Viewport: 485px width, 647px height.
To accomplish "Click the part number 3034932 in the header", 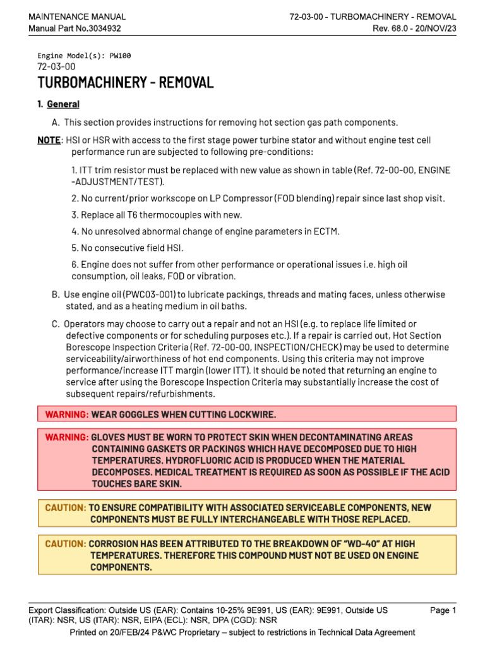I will pyautogui.click(x=101, y=28).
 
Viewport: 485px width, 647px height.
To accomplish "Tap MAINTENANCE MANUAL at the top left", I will pyautogui.click(x=77, y=16).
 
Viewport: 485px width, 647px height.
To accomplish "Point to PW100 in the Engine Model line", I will pyautogui.click(x=120, y=56).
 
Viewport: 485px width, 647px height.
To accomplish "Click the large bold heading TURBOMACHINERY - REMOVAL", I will pyautogui.click(x=126, y=83).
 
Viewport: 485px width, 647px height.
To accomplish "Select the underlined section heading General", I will pyautogui.click(x=63, y=104).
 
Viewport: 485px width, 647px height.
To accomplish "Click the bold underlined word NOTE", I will pyautogui.click(x=49, y=140).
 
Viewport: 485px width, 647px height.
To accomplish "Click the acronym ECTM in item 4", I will pyautogui.click(x=326, y=231).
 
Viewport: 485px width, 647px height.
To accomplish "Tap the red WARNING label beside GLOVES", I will pyautogui.click(x=67, y=437).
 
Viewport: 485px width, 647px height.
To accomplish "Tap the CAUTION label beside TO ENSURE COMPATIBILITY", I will pyautogui.click(x=66, y=507).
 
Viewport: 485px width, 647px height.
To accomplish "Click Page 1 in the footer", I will pyautogui.click(x=443, y=610).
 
